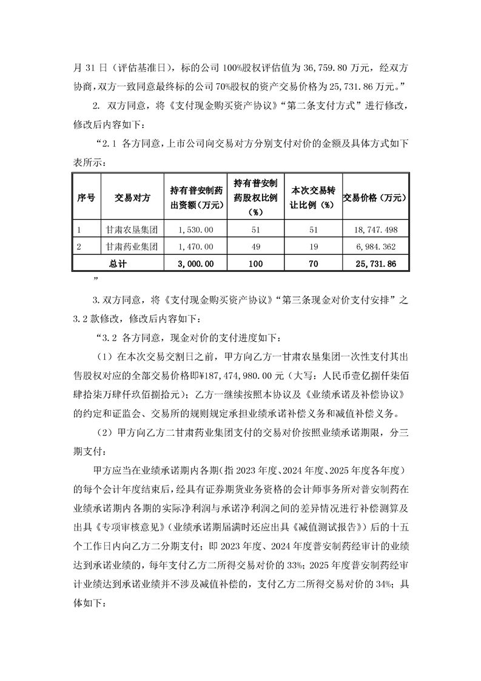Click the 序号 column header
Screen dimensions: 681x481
coord(86,198)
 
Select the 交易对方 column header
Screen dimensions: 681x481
coord(132,198)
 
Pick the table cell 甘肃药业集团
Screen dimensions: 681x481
coord(132,247)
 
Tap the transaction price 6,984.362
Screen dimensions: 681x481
coord(377,247)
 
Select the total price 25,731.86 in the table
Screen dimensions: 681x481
coord(377,264)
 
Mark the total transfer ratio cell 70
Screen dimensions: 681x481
coord(314,264)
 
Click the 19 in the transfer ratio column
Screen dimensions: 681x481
coord(314,247)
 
